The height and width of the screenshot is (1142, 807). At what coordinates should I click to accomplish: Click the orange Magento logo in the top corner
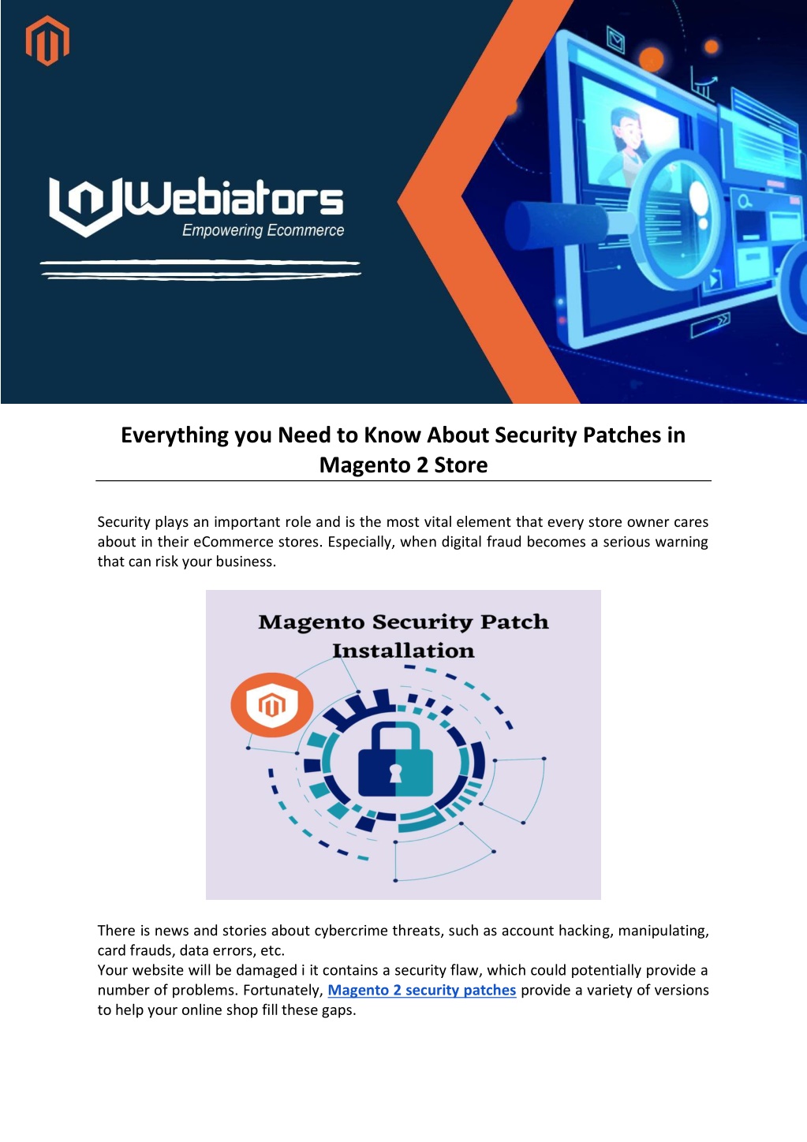point(47,40)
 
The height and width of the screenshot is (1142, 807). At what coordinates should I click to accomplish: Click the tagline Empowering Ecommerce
point(263,230)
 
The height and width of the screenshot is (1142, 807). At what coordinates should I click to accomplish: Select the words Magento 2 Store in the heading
point(403,465)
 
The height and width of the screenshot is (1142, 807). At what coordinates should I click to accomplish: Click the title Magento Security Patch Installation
point(403,636)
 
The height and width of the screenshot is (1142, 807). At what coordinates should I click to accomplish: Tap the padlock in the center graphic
point(395,759)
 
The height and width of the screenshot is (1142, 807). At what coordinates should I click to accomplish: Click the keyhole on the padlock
point(395,773)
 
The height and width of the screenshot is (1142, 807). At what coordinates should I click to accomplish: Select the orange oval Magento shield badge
point(271,705)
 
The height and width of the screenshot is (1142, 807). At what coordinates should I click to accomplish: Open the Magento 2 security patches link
point(421,990)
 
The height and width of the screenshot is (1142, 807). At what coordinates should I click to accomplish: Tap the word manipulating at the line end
point(663,931)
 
